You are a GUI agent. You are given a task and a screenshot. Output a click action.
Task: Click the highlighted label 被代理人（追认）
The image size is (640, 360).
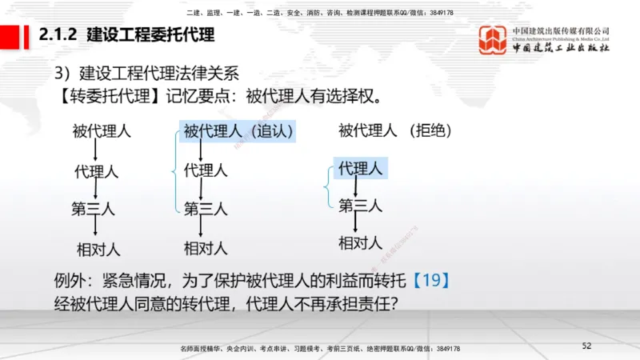238,131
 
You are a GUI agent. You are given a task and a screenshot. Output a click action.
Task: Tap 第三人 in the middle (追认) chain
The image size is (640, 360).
206,209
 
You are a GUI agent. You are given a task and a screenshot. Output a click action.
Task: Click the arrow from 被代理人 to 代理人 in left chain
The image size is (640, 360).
95,150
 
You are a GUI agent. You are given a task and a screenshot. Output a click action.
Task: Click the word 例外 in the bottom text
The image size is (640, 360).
67,281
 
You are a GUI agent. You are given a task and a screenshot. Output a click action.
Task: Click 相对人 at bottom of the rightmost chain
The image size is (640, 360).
360,242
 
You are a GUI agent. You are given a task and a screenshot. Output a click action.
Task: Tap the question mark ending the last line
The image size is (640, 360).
395,304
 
